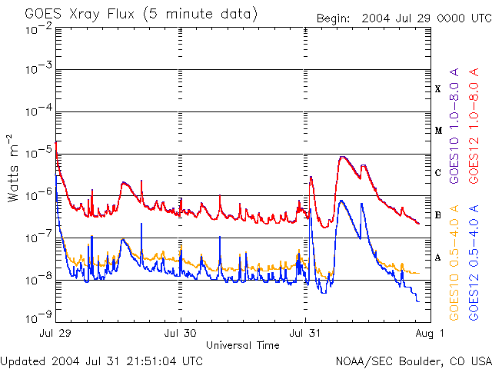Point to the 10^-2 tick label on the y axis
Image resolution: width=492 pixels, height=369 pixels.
[x=38, y=29]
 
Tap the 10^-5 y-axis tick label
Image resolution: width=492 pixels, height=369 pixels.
[x=38, y=155]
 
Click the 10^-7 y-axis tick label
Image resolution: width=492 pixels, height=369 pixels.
[x=38, y=238]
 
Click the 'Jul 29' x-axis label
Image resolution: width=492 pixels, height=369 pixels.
[x=56, y=334]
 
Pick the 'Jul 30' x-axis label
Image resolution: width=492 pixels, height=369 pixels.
[x=181, y=334]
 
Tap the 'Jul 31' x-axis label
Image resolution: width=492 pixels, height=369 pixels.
[x=305, y=334]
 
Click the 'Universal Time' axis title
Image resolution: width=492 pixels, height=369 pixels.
[x=243, y=345]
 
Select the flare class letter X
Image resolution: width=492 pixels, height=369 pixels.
[x=438, y=89]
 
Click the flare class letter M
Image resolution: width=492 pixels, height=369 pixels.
[x=438, y=131]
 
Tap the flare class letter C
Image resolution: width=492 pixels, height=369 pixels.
[x=438, y=173]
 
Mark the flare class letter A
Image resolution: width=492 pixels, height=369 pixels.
[x=438, y=258]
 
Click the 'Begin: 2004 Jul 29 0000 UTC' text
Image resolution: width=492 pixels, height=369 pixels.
[x=403, y=18]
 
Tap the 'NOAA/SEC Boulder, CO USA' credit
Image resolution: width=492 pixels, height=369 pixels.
[x=413, y=361]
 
